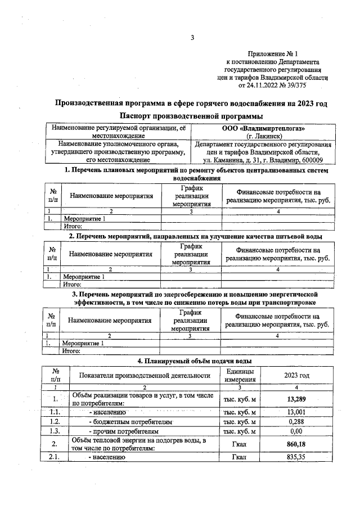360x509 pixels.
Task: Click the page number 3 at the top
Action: click(191, 38)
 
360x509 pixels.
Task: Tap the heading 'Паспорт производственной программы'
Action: click(191, 116)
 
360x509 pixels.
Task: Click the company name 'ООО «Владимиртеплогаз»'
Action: click(263, 128)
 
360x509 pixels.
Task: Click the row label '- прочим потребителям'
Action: click(119, 431)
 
